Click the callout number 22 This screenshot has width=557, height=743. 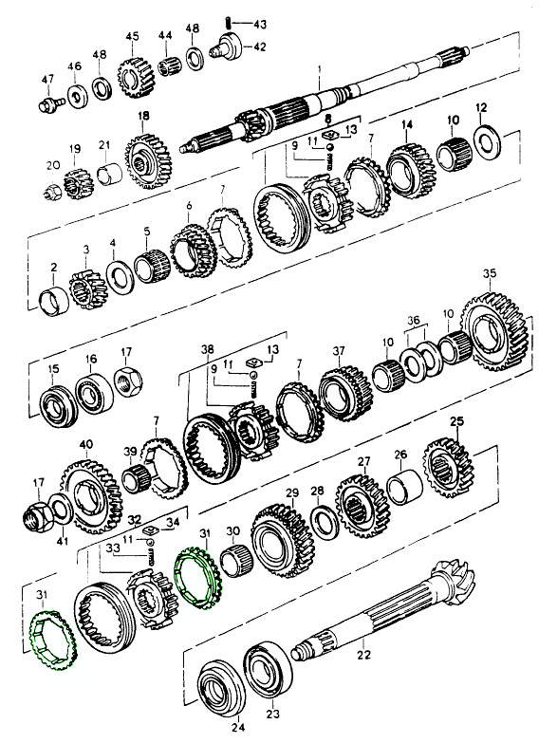pyautogui.click(x=363, y=655)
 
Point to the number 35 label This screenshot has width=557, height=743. pyautogui.click(x=490, y=273)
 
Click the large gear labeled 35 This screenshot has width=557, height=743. pyautogui.click(x=494, y=333)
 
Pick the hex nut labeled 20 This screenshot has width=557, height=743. pyautogui.click(x=52, y=193)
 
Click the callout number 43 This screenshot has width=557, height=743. pyautogui.click(x=260, y=23)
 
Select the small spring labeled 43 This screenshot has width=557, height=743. pyautogui.click(x=228, y=22)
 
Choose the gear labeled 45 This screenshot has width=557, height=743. pyautogui.click(x=137, y=78)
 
